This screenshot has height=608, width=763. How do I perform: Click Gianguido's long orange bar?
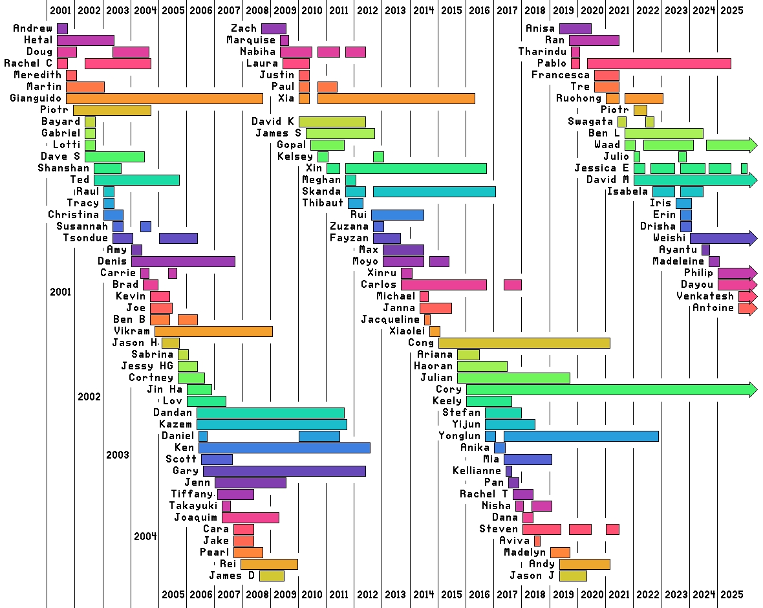(x=164, y=98)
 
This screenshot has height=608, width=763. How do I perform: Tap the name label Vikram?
(x=131, y=331)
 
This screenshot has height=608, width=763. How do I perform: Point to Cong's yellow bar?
(x=524, y=343)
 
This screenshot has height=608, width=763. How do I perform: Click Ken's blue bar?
(x=284, y=448)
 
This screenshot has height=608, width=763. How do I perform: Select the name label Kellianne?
(x=477, y=471)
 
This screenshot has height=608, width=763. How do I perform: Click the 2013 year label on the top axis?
(x=395, y=10)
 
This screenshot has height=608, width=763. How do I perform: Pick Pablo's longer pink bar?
(x=659, y=63)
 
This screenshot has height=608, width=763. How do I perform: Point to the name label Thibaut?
(x=323, y=203)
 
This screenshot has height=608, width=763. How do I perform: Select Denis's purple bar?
(x=183, y=261)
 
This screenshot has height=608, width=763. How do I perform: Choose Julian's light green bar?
(x=513, y=378)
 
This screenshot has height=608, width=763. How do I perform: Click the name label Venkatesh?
(x=705, y=296)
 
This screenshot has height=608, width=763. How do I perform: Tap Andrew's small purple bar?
(x=62, y=28)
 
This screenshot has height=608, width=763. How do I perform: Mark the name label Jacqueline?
(x=390, y=320)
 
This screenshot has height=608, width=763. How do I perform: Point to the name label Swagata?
(x=590, y=122)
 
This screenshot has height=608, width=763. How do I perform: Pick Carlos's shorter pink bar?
(x=512, y=285)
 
